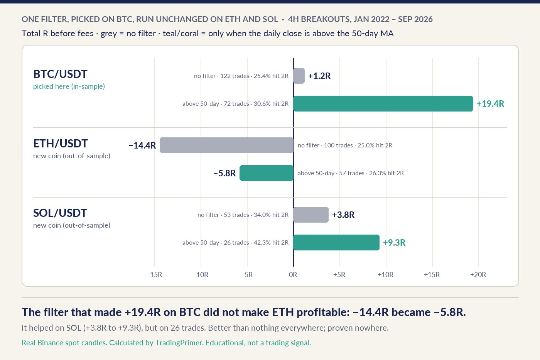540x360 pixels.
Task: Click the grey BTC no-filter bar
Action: [299, 76]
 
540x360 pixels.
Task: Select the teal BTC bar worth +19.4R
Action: [383, 104]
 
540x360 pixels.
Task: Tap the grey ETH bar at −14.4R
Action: [227, 145]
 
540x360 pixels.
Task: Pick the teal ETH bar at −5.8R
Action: [267, 173]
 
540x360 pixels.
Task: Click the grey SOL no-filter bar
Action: [311, 215]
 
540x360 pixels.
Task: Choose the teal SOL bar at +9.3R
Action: [336, 243]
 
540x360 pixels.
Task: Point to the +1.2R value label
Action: [319, 76]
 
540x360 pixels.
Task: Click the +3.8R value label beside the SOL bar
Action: [343, 215]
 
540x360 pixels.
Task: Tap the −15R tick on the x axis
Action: [154, 275]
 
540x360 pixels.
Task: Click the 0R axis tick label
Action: [293, 275]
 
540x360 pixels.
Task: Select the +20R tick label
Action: [478, 275]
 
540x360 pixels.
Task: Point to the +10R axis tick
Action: [386, 275]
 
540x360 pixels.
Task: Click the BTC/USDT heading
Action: [60, 74]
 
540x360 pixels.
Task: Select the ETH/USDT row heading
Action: [61, 144]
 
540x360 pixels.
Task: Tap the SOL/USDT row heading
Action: [60, 213]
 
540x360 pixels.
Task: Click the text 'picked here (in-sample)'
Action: [69, 86]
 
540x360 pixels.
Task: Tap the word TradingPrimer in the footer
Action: [179, 343]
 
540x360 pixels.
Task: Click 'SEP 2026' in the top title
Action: [415, 19]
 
